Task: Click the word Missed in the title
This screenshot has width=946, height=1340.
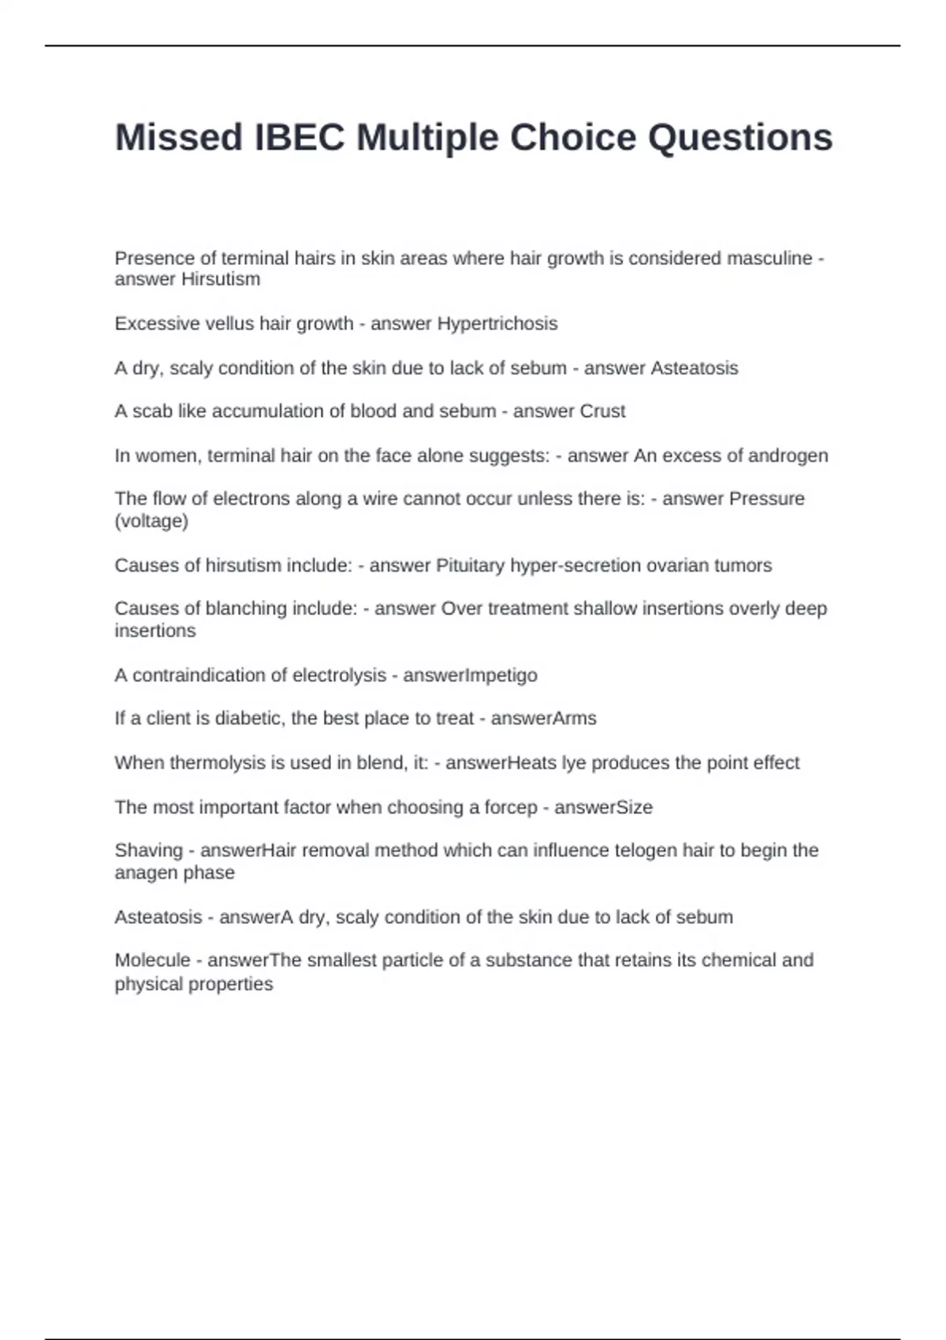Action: pyautogui.click(x=179, y=138)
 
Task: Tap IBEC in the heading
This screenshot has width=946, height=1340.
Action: pyautogui.click(x=300, y=138)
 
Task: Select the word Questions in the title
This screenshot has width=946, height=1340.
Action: pyautogui.click(x=740, y=138)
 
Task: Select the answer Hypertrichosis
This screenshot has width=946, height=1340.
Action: pyautogui.click(x=497, y=324)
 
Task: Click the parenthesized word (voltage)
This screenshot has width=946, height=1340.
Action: pyautogui.click(x=151, y=521)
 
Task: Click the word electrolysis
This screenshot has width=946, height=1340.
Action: pyautogui.click(x=339, y=676)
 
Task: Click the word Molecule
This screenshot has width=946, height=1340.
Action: pyautogui.click(x=152, y=960)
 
